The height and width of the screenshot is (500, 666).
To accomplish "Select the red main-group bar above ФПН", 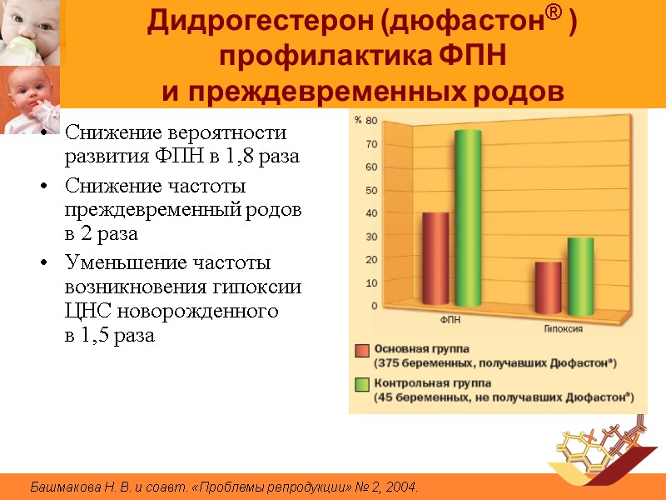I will (x=435, y=258).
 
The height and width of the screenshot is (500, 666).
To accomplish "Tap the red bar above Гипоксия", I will (x=548, y=283).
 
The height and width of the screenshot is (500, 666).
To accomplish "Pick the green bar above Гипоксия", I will (x=580, y=272).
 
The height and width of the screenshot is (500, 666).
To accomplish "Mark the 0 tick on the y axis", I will (x=373, y=306).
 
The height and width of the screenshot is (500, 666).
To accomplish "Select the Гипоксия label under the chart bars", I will (x=564, y=328).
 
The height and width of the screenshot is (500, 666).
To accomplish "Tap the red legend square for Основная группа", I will (x=362, y=350).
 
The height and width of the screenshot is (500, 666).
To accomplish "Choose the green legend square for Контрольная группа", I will (x=362, y=385).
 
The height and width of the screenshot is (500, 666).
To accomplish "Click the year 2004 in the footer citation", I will (x=400, y=487).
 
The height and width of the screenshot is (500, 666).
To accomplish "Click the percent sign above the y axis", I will (x=357, y=121).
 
